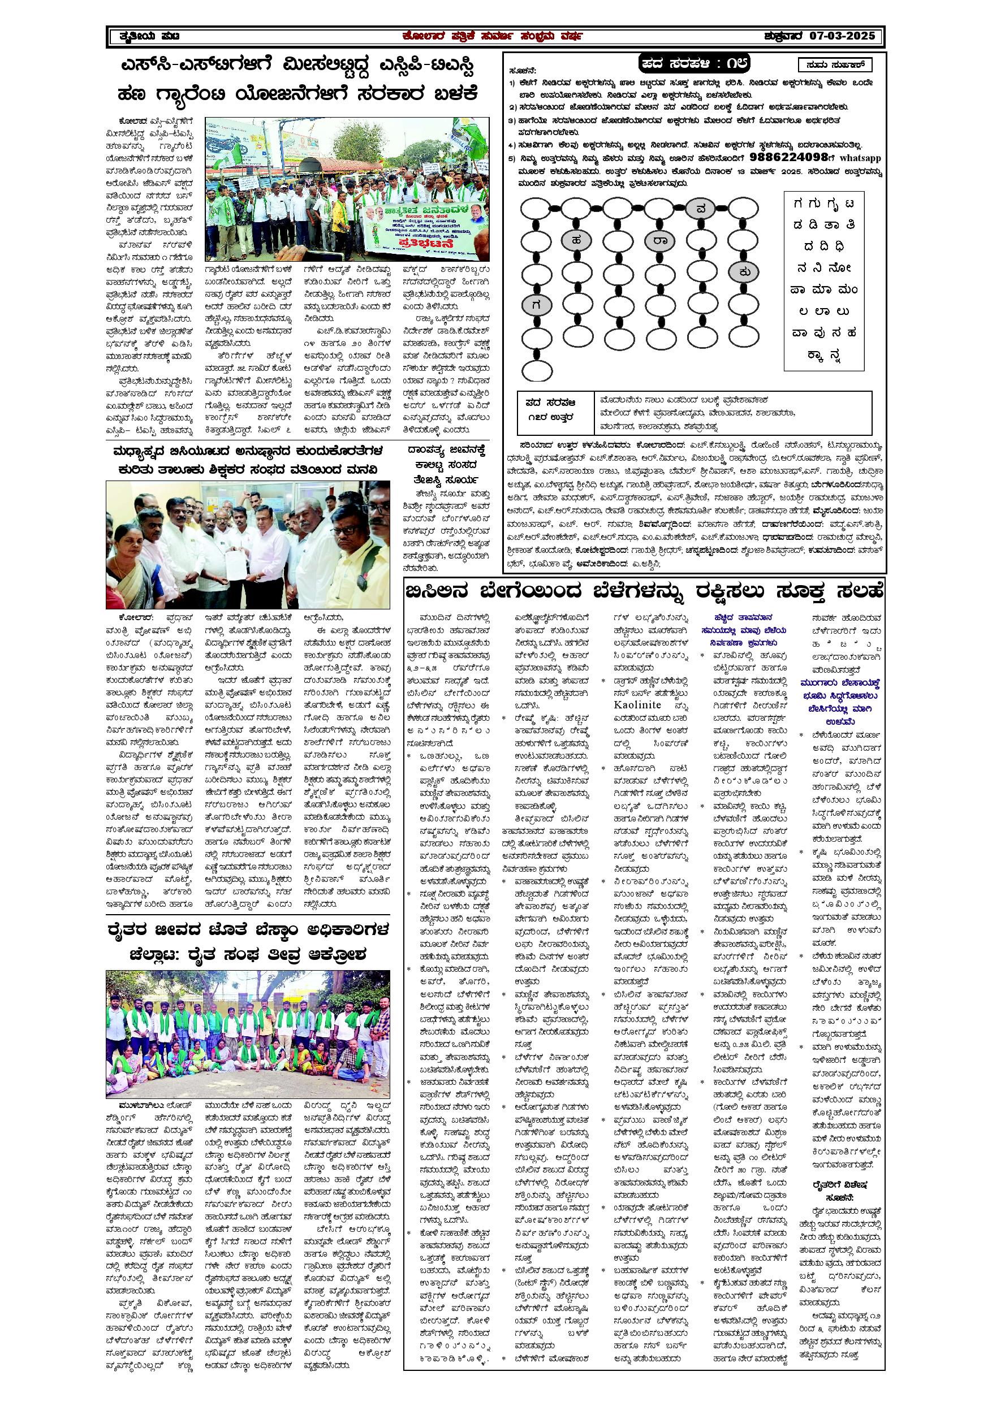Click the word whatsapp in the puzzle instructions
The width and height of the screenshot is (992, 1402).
(860, 158)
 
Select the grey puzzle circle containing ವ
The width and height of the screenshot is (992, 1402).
(702, 209)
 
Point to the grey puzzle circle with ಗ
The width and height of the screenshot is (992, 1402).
(536, 305)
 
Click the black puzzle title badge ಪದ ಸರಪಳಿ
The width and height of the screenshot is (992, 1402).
(695, 64)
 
